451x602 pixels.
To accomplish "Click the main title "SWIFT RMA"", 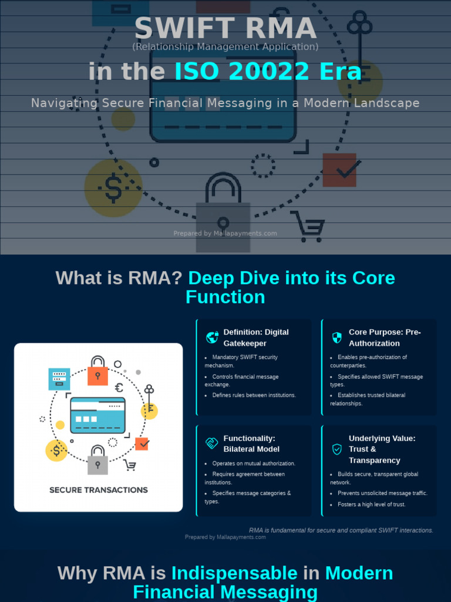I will [x=225, y=28].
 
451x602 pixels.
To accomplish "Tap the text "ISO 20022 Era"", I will [x=268, y=72].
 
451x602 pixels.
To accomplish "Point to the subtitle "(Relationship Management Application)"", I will [x=225, y=46].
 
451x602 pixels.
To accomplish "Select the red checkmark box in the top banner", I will [x=339, y=170].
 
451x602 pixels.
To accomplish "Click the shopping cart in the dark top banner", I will [x=308, y=226].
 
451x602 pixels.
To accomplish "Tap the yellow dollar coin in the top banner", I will [x=113, y=188].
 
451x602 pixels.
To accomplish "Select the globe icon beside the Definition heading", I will [x=212, y=337].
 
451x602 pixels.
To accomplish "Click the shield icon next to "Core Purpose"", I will [x=337, y=337].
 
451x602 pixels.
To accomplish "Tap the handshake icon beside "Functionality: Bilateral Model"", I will [x=212, y=443].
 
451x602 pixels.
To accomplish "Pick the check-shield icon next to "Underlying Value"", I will [x=337, y=449].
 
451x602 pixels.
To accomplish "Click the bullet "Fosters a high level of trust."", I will [x=371, y=504].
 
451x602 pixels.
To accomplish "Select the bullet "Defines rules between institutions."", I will [x=254, y=395].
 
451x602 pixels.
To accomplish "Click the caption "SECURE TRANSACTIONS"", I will [x=99, y=490].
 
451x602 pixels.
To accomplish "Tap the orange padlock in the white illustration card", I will [x=97, y=372].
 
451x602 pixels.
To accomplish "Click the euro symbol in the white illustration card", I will [x=119, y=387].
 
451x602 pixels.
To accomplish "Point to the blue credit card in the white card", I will [x=97, y=415].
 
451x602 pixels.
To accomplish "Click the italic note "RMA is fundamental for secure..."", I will [x=341, y=530].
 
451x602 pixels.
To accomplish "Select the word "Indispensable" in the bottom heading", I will [x=234, y=573].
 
